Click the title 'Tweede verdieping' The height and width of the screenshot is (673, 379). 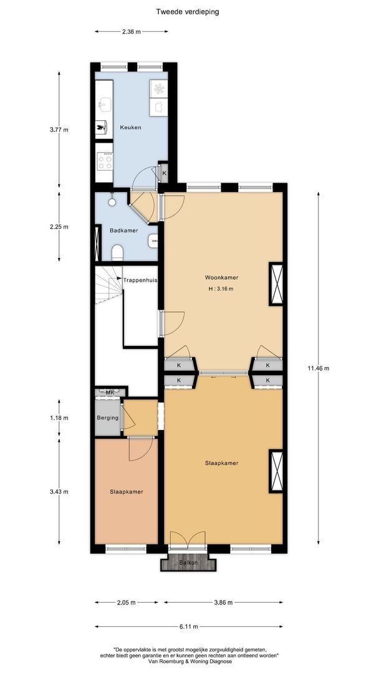pyautogui.click(x=187, y=11)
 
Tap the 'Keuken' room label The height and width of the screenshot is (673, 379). pyautogui.click(x=131, y=127)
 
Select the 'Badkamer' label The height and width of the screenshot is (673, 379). pyautogui.click(x=123, y=231)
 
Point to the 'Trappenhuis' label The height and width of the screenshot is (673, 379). pyautogui.click(x=140, y=280)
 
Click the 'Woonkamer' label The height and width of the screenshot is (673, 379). pyautogui.click(x=221, y=277)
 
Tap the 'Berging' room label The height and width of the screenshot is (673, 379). pyautogui.click(x=107, y=418)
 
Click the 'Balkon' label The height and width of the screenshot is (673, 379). pyautogui.click(x=189, y=563)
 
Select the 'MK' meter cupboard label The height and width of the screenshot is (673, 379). pyautogui.click(x=110, y=393)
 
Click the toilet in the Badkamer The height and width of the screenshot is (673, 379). pyautogui.click(x=117, y=252)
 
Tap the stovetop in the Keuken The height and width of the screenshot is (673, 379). pyautogui.click(x=104, y=162)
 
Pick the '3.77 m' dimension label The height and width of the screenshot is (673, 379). pyautogui.click(x=59, y=130)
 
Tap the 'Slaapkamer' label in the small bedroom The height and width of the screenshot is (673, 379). pyautogui.click(x=127, y=492)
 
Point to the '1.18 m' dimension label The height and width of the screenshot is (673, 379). pyautogui.click(x=59, y=418)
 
